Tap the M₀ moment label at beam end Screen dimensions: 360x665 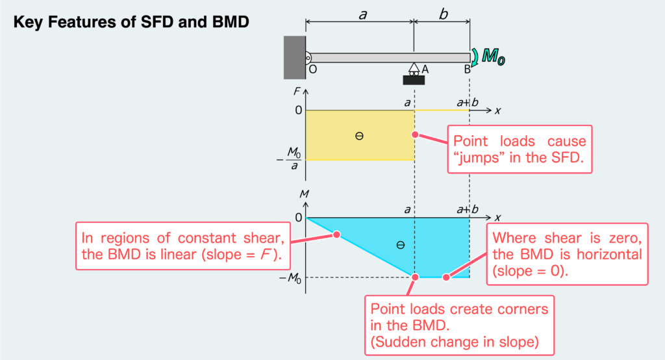point(494,58)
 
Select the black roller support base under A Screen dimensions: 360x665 point(414,81)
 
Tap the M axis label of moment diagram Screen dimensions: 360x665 point(295,194)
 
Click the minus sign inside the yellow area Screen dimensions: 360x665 point(359,136)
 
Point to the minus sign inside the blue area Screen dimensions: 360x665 point(400,245)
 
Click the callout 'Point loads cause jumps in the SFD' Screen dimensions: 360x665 point(520,149)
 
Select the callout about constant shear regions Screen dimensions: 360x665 point(183,245)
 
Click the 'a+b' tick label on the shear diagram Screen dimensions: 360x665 point(467,102)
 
